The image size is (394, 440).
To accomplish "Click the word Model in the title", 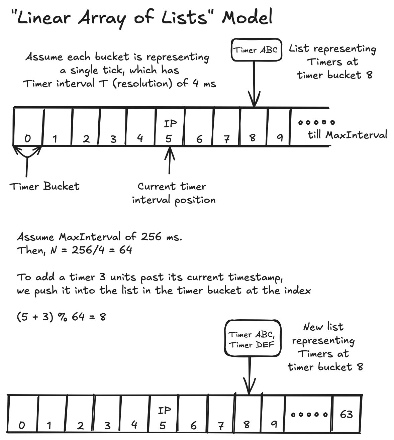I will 247,18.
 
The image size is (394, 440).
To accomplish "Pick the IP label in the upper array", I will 170,124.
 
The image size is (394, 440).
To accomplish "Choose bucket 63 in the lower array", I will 346,415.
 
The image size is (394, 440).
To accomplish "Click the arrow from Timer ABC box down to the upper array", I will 255,84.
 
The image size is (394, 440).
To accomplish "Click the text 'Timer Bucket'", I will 45,187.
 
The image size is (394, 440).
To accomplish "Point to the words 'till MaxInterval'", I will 347,135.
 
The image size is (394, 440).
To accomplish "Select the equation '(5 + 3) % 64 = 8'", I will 61,317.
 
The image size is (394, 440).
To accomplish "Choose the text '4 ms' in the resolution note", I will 204,83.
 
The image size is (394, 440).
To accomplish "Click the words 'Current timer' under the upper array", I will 172,187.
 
